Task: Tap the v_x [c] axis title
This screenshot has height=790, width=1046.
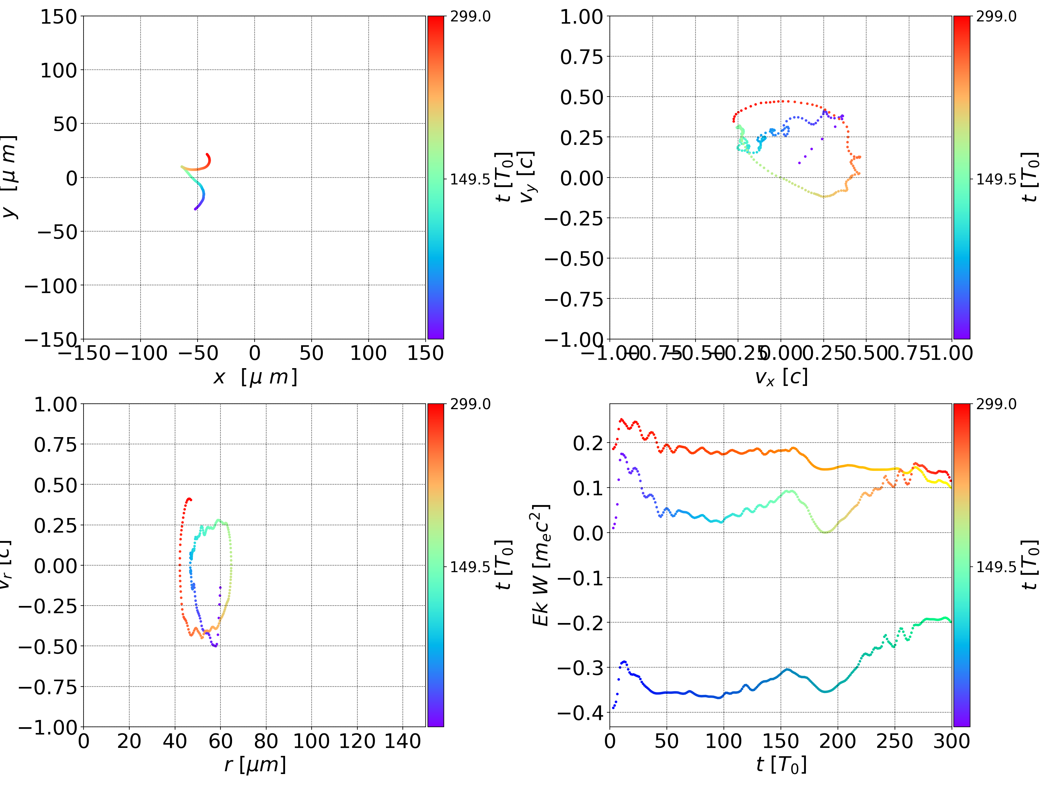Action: point(781,377)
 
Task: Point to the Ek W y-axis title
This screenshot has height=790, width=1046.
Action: point(540,565)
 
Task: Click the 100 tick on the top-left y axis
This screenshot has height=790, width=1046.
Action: point(58,70)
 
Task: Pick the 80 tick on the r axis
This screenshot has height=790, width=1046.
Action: point(266,741)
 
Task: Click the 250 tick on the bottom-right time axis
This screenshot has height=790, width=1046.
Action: point(895,741)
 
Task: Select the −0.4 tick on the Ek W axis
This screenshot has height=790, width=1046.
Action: point(581,712)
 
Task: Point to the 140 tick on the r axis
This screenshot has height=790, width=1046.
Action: point(402,741)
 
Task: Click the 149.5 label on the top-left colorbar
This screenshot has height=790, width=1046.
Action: point(470,179)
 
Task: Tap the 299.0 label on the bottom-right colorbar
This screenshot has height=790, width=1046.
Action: point(996,404)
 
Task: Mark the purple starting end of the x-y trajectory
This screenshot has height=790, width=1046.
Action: point(195,208)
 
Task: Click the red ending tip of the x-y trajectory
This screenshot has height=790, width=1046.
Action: point(207,154)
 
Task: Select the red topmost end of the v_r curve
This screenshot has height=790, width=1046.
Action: point(190,499)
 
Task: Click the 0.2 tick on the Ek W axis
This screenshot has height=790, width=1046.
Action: point(588,443)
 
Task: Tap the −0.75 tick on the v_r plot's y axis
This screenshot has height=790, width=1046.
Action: point(47,687)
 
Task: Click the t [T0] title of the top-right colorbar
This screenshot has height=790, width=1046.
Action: point(1030,177)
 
